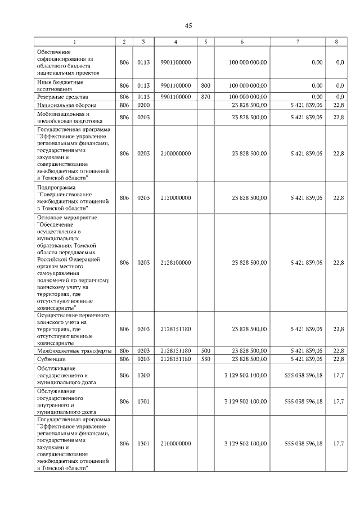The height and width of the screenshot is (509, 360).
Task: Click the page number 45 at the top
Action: (188, 25)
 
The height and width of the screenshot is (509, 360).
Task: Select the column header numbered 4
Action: (175, 42)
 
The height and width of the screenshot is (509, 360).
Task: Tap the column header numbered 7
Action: (298, 42)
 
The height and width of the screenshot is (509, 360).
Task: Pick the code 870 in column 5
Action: (205, 97)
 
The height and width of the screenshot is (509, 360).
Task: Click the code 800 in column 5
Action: (205, 85)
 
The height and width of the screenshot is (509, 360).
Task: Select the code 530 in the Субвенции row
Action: (205, 358)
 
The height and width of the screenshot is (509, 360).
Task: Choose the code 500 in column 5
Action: (205, 350)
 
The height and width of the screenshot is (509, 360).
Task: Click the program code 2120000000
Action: (175, 197)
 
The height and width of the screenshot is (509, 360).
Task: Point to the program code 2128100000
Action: (175, 263)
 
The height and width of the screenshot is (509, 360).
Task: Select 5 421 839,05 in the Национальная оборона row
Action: (307, 105)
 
